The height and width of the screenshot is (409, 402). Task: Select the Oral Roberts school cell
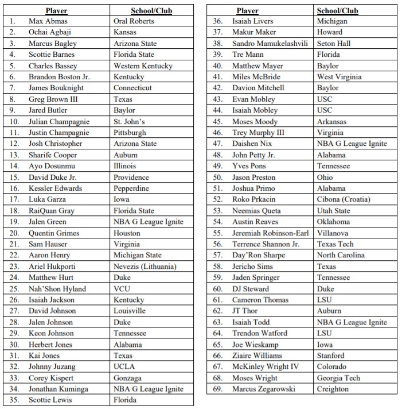point(134,21)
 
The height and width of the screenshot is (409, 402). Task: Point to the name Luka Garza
point(48,199)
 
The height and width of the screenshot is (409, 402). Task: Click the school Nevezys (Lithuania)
point(145,267)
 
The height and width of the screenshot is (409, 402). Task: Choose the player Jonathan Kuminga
point(58,389)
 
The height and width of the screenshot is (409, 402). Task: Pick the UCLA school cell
point(125,366)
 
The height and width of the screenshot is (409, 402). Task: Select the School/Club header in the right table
point(338,10)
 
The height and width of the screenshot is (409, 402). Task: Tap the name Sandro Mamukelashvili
point(270,43)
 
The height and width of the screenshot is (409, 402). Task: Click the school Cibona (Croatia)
point(344,199)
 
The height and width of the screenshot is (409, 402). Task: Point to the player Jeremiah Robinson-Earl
point(270,233)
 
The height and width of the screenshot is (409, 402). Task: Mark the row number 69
point(217,389)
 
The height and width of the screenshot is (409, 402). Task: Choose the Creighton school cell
point(333,389)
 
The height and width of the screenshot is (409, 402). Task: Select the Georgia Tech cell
point(338,378)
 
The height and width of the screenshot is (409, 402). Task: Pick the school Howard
point(330,32)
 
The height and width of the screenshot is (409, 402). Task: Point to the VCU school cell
point(123,289)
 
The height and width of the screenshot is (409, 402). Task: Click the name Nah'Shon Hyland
point(57,289)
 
